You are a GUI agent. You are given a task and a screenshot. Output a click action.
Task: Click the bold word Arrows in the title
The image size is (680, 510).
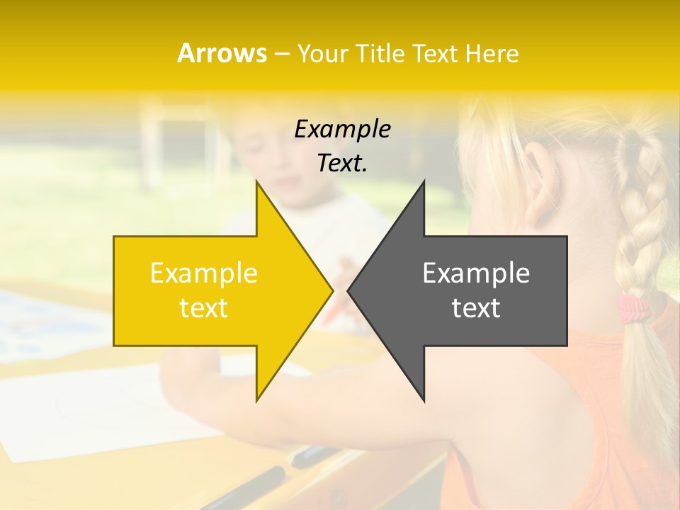coord(222,53)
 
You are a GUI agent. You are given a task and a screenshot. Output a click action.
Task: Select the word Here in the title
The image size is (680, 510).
coord(490,53)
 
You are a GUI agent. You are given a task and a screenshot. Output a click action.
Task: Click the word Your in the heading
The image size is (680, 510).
coord(322,54)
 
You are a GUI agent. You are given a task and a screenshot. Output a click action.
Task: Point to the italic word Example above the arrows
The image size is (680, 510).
coord(342,130)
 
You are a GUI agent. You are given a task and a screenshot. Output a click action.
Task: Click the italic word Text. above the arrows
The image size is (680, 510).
coord(342,164)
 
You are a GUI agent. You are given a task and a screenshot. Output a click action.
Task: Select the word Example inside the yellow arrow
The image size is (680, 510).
coord(203,273)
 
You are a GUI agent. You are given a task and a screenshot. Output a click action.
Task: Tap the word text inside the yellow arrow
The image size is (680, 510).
coord(203,307)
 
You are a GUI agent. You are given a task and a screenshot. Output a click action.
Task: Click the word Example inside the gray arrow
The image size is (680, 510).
coord(476,273)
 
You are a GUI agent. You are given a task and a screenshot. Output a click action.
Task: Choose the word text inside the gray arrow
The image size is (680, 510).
coord(476,307)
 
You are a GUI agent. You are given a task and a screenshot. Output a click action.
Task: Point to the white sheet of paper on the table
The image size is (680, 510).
coord(92,418)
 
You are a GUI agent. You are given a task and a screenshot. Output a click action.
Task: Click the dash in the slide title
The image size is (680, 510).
coord(281,54)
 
